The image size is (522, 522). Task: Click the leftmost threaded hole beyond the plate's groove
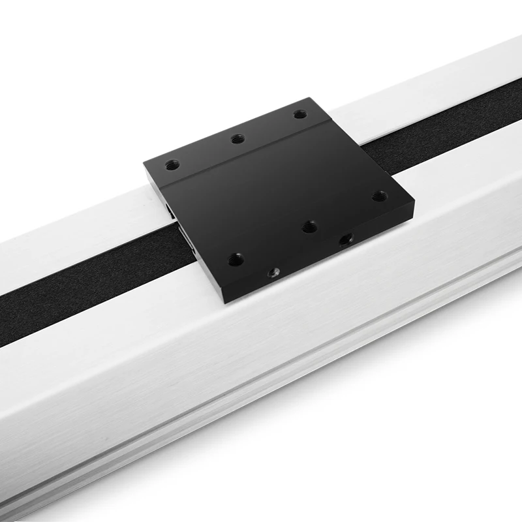tap(172, 165)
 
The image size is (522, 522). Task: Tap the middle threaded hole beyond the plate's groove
tap(238, 138)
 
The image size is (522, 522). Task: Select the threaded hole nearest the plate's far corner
tap(299, 114)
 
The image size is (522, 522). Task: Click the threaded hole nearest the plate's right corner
tap(378, 196)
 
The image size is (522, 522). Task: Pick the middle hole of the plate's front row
tap(310, 226)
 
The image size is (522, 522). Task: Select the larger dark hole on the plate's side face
tap(345, 239)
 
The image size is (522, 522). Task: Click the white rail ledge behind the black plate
tap(391, 98)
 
